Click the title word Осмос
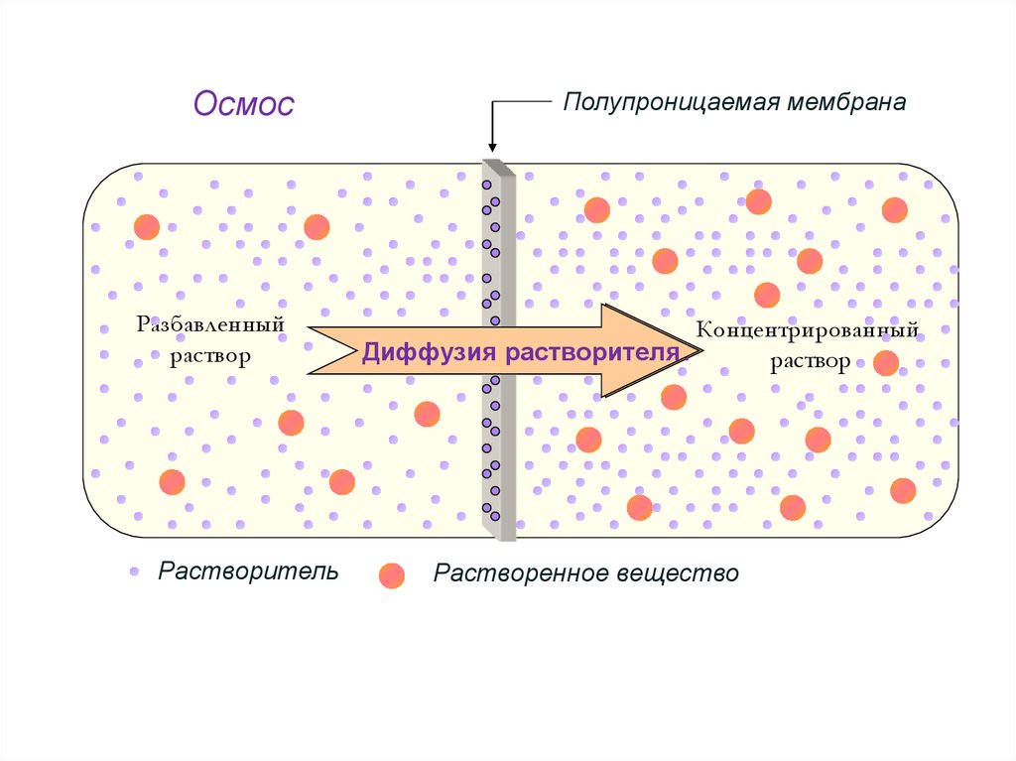(x=244, y=103)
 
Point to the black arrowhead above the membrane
(x=491, y=148)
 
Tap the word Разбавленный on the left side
(x=211, y=324)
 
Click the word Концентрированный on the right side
(x=808, y=329)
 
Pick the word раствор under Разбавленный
(x=210, y=355)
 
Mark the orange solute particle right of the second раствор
(x=886, y=363)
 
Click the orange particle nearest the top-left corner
(x=146, y=226)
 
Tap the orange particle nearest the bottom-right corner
(x=903, y=490)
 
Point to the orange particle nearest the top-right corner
(x=895, y=209)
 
